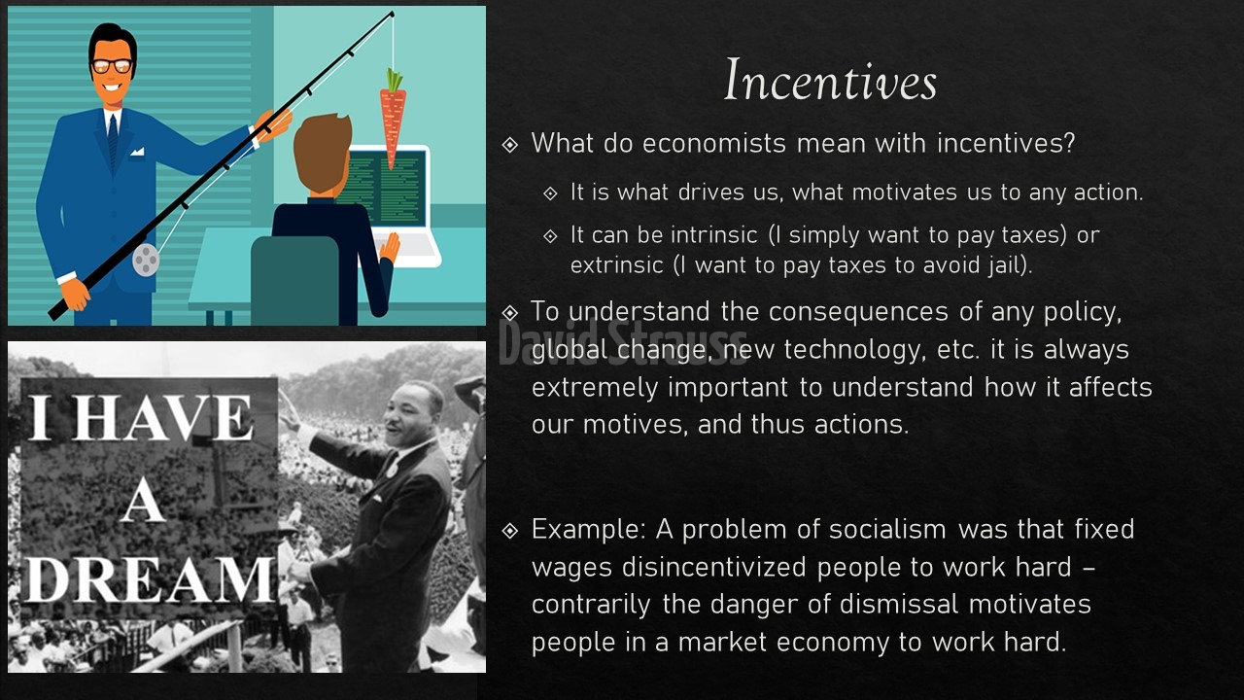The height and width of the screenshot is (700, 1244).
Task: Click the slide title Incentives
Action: pyautogui.click(x=831, y=81)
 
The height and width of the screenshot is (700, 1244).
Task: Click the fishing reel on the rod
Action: pyautogui.click(x=146, y=259)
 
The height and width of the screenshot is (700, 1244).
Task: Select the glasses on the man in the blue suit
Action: pyautogui.click(x=112, y=66)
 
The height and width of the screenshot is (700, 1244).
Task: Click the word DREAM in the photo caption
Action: pyautogui.click(x=150, y=579)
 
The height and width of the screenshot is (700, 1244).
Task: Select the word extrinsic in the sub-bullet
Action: pyautogui.click(x=616, y=265)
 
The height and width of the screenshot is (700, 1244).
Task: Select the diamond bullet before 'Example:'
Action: pyautogui.click(x=510, y=531)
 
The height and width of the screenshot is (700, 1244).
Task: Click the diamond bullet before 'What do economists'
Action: pyautogui.click(x=510, y=145)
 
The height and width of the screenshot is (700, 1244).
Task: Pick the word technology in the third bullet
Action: pyautogui.click(x=855, y=350)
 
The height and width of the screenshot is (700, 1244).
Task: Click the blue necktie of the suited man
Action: pyautogui.click(x=113, y=142)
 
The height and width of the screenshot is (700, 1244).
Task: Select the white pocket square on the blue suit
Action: pyautogui.click(x=137, y=151)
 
